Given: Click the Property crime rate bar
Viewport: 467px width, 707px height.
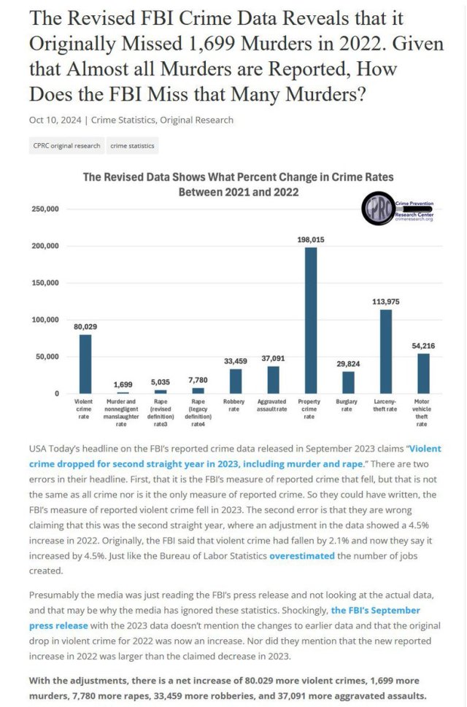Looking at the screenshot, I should [x=311, y=320].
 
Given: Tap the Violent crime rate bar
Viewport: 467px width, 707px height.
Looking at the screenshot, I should [x=86, y=364].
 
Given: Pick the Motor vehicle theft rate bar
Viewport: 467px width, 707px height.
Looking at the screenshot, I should [x=423, y=374].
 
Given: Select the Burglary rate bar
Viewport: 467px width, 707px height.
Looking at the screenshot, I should [x=348, y=382].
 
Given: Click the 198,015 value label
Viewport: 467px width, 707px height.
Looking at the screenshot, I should [x=311, y=239].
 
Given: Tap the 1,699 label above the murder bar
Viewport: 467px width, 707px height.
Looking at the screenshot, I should [x=123, y=385].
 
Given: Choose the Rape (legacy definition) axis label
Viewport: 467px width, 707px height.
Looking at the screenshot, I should [x=198, y=412].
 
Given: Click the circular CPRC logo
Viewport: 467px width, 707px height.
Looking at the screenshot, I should [x=379, y=209].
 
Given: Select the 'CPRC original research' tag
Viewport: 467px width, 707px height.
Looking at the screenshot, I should [x=66, y=146].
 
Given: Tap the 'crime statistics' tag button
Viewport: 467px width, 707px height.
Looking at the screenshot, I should [x=132, y=146].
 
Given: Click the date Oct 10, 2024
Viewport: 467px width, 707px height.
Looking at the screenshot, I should [x=55, y=120].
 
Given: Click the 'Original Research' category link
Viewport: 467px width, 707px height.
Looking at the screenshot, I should [x=198, y=120].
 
